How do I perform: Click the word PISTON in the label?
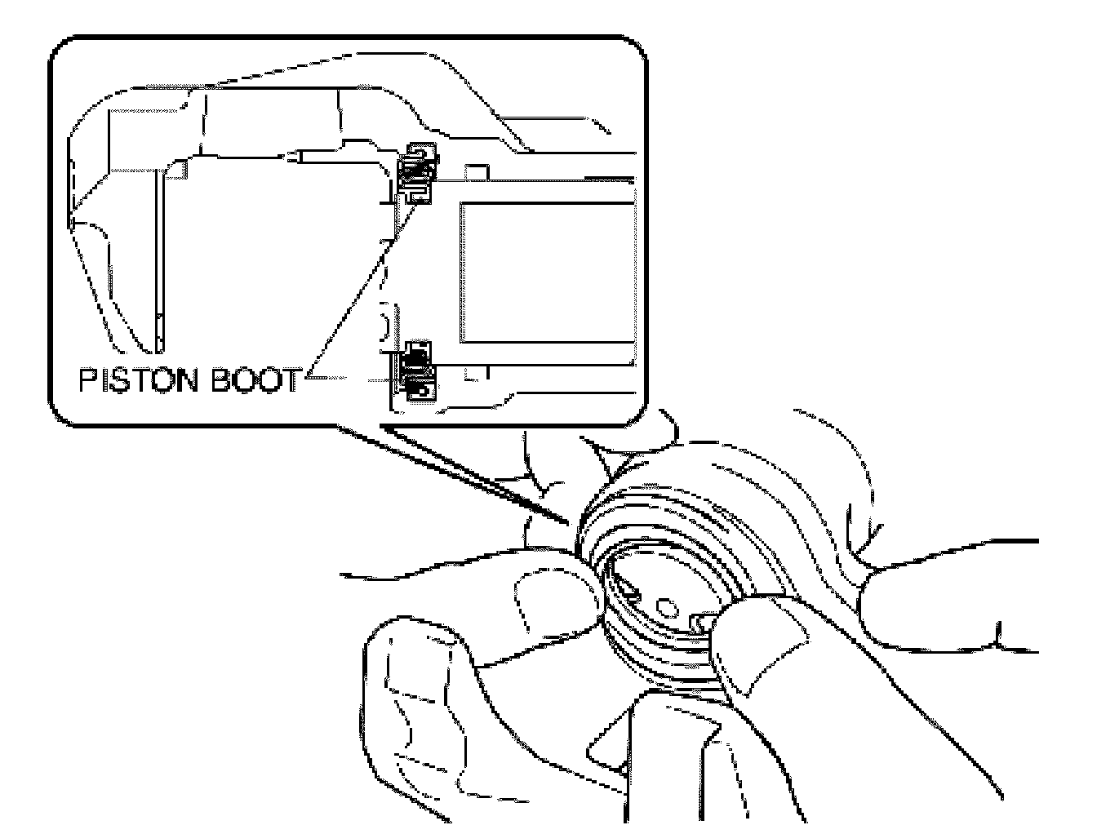click(x=138, y=379)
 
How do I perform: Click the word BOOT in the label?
click(x=255, y=379)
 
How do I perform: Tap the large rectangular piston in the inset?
click(x=548, y=273)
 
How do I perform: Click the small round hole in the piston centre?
click(x=667, y=607)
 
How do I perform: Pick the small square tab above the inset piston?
click(x=476, y=171)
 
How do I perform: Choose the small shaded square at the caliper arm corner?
click(x=176, y=169)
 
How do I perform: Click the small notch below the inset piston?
click(x=478, y=373)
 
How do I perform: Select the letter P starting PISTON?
click(x=87, y=379)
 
